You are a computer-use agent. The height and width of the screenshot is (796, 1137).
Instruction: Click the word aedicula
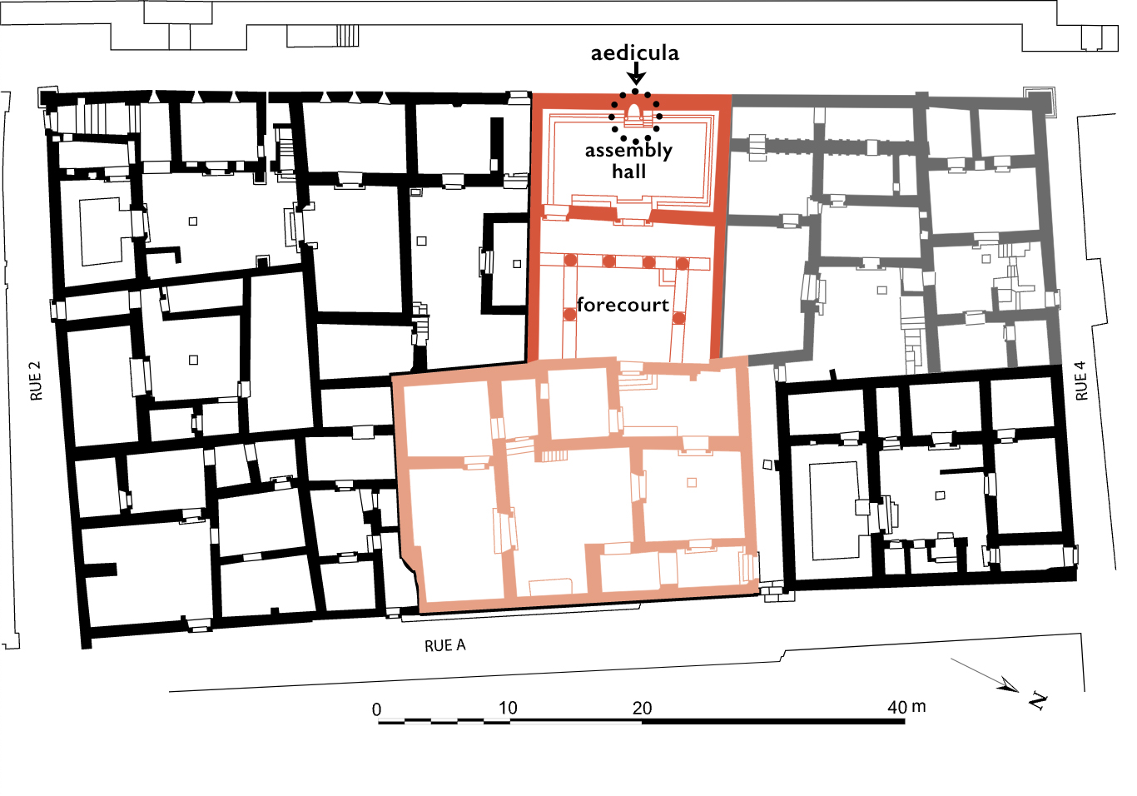pos(634,52)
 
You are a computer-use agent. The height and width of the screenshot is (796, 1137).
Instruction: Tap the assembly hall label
pos(628,161)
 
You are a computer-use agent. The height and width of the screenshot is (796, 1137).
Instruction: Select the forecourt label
pos(623,305)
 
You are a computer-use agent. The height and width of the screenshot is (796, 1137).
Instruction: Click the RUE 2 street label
pos(36,381)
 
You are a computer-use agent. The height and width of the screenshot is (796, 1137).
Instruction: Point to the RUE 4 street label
pos(1082,381)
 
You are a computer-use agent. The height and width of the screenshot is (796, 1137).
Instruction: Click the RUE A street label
pos(444,646)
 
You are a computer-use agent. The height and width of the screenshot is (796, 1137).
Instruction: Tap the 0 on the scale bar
pos(376,709)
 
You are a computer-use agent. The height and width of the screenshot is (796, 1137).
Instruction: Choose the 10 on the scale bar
pos(508,708)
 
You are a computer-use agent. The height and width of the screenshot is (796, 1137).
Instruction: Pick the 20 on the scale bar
pos(642,708)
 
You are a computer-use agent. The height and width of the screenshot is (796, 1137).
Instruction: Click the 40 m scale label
pos(906,707)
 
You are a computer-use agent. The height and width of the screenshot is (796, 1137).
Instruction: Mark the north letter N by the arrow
pos(1039,701)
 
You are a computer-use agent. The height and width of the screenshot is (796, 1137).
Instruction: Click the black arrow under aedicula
pos(636,73)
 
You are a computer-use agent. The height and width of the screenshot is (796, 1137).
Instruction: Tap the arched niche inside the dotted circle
pos(634,111)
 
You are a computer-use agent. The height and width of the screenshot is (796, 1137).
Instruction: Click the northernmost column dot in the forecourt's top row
pos(683,264)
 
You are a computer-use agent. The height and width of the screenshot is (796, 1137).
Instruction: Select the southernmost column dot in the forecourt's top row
pos(570,260)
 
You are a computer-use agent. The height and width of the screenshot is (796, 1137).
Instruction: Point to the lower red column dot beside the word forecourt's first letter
pos(570,315)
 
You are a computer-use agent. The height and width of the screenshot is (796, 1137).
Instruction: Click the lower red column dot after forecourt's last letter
pos(679,318)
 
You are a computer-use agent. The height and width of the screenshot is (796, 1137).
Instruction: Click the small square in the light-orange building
pos(692,483)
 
